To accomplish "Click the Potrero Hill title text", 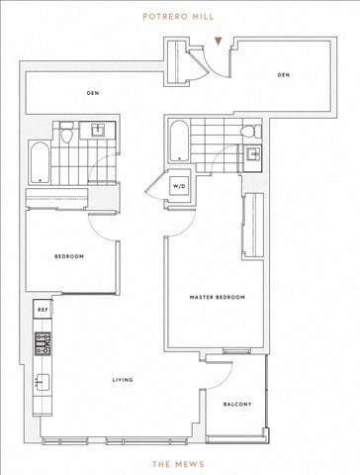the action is pos(178,17).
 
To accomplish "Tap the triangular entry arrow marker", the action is pos(218,41).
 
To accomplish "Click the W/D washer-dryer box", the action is pos(178,186).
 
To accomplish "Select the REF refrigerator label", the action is pos(43,310).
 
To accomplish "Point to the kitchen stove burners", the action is pos(44,343).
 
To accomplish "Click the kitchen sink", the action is pos(42,382).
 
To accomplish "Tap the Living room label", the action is pos(123,380).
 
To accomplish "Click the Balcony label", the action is pos(237,404).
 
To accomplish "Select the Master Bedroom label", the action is pos(218,297).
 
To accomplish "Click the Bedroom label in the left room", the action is pos(69,256).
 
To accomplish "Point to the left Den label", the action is pos(93,93).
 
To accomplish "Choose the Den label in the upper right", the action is pos(284,75).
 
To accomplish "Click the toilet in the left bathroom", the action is pos(66,133).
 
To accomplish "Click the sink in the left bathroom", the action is pos(98,130).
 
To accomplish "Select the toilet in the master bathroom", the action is pos(250,132).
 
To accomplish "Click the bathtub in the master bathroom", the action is pos(179,141).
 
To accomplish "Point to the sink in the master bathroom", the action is pos(254,153).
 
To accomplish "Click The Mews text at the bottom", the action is pos(178,464).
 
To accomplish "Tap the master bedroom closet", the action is pos(253,226).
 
